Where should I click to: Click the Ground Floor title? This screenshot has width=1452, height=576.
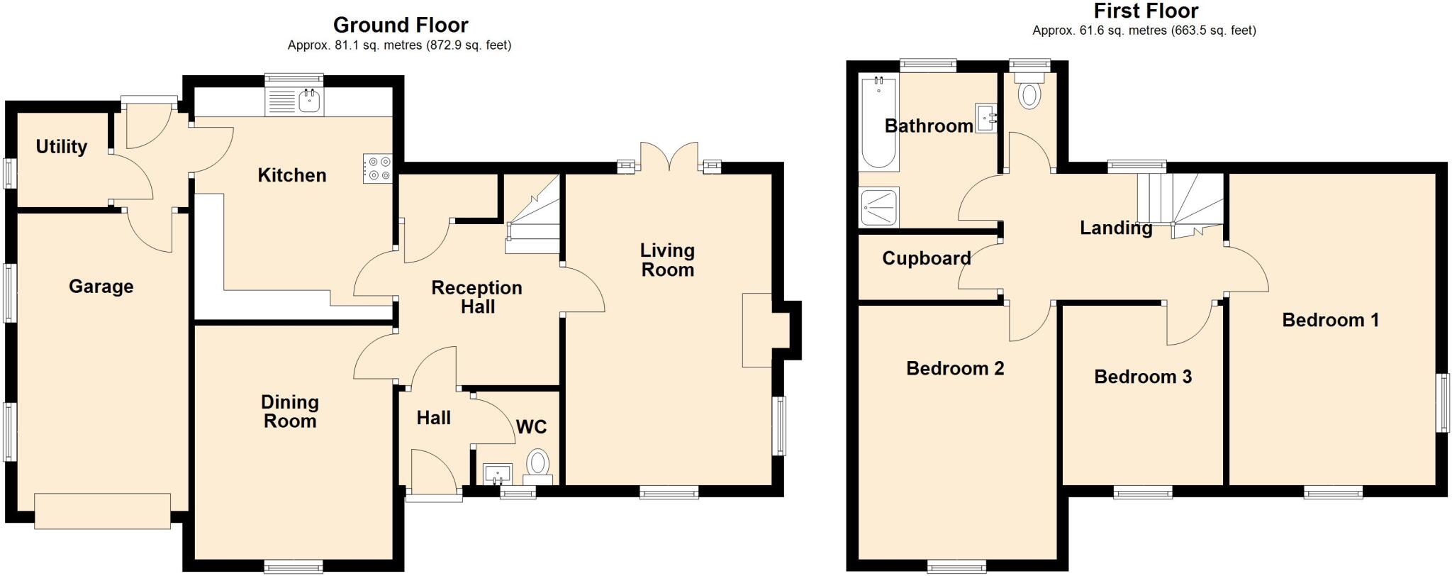click(401, 25)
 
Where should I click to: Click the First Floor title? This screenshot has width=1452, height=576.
click(1146, 11)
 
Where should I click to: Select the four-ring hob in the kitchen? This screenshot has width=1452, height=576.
click(378, 169)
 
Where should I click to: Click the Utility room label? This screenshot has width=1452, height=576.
click(62, 146)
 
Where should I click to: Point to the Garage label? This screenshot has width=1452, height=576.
click(101, 286)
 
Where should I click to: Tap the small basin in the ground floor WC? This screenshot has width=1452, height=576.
click(498, 473)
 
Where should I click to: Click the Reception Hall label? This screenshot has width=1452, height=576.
click(476, 297)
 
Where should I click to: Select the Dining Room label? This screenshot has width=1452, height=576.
click(289, 411)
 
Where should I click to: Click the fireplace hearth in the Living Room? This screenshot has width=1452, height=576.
click(756, 330)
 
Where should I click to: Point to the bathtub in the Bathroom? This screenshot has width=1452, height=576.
click(878, 124)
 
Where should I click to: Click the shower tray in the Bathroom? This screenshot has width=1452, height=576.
click(878, 207)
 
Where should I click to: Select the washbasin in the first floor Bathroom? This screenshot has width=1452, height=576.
click(987, 118)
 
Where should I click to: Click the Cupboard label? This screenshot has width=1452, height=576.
click(926, 258)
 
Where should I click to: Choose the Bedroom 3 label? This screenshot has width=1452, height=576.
click(1142, 376)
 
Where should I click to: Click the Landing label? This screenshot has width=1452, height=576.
click(1115, 228)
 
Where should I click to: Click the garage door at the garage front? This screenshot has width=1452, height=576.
click(103, 511)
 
